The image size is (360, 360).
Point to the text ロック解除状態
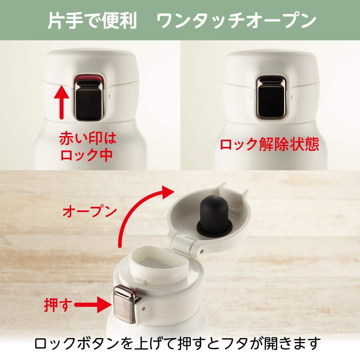point(270,144)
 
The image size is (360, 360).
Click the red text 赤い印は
point(88,139)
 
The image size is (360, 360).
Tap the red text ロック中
point(86,155)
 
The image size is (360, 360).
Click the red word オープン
point(90,211)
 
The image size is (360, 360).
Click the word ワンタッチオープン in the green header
point(237,21)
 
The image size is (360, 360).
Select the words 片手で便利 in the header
point(92,20)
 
